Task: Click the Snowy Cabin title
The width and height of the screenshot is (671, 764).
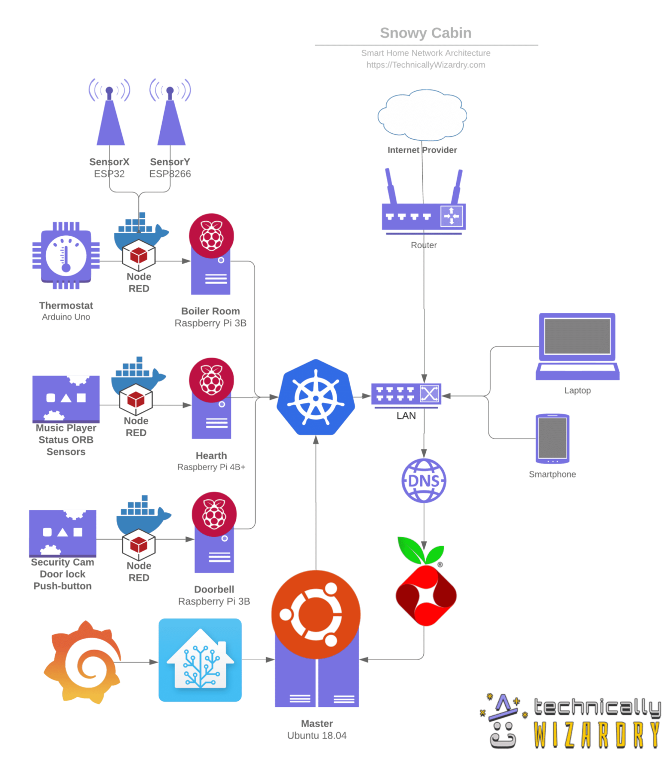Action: point(425,33)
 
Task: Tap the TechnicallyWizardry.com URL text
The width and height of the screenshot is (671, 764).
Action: point(425,65)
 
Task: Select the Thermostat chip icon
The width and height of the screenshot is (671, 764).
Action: point(66,255)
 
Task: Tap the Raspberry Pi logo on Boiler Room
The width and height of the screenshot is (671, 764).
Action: point(211,236)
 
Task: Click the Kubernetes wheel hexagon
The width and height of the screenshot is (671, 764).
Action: point(316,397)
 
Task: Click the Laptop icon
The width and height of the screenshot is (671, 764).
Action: point(577,347)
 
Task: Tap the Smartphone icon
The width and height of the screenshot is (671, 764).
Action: point(552,439)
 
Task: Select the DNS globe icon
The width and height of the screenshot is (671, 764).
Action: point(424,480)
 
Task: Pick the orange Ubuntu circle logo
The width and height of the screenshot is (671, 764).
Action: point(316,615)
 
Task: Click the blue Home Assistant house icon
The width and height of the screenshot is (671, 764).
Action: point(200,660)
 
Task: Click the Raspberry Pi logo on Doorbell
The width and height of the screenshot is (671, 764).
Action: point(214,514)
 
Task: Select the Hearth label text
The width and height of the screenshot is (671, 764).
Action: point(211,456)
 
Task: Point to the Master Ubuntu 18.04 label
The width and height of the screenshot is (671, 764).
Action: point(317,730)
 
